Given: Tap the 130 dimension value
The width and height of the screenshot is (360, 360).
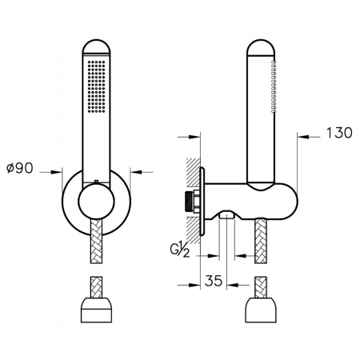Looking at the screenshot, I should click(x=338, y=134).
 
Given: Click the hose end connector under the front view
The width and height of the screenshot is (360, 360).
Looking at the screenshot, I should click(x=97, y=312).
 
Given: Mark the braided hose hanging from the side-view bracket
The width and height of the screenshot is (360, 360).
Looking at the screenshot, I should click(x=262, y=243).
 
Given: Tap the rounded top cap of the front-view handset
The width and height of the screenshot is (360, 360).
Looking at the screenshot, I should click(x=97, y=45).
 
